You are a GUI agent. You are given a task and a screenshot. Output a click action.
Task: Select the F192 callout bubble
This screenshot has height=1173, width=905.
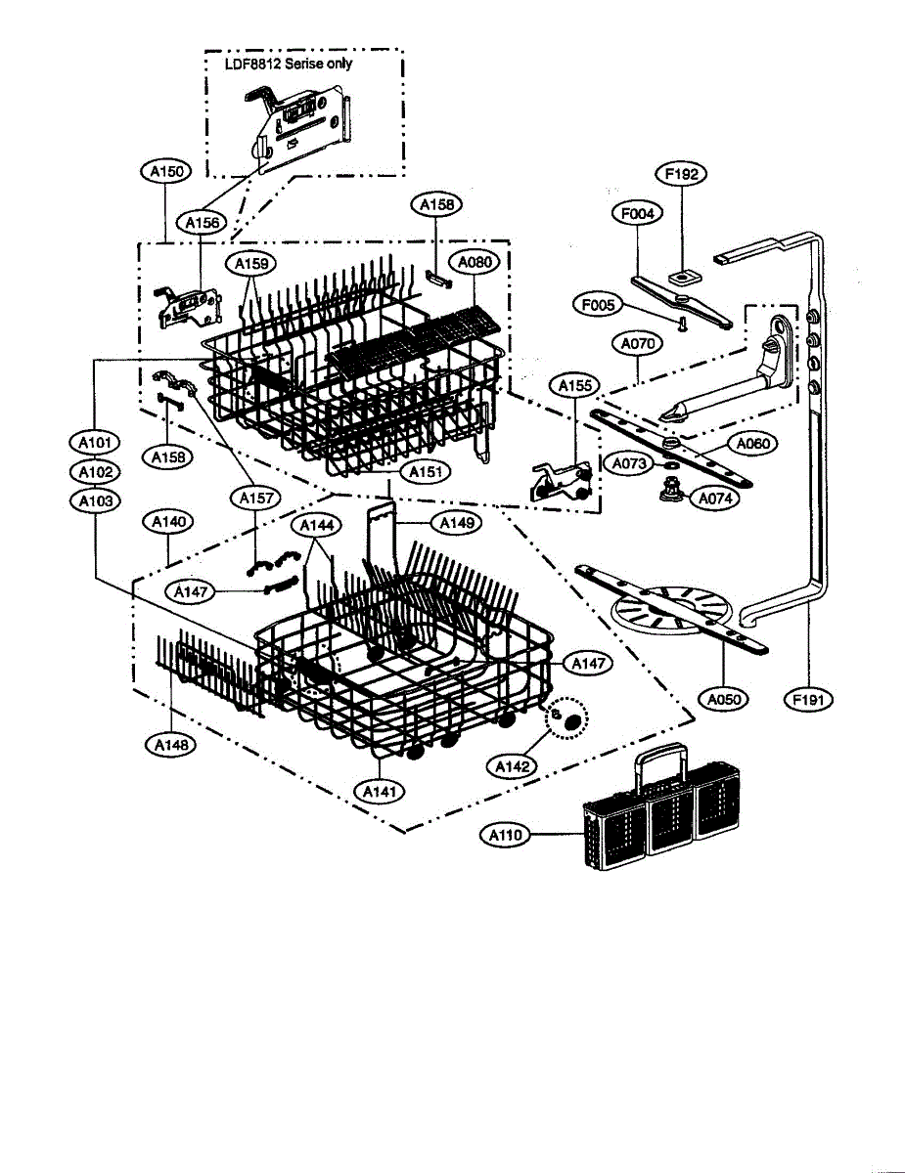680,174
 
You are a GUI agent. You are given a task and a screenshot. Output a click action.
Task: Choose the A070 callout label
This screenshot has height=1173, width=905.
637,344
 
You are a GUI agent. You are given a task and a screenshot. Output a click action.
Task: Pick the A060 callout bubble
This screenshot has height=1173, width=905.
753,444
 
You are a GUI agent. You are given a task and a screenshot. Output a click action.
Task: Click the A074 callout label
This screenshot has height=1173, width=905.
715,498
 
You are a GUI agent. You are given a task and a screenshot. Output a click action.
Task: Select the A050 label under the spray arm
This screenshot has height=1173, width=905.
723,699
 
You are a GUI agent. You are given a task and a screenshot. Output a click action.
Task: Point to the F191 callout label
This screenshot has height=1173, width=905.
810,699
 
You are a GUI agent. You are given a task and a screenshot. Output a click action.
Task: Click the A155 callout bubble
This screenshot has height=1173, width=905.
575,386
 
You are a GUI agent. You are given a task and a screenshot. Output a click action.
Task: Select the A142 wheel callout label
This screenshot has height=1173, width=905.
512,766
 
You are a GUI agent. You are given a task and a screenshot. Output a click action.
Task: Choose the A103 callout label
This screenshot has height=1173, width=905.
95,500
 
